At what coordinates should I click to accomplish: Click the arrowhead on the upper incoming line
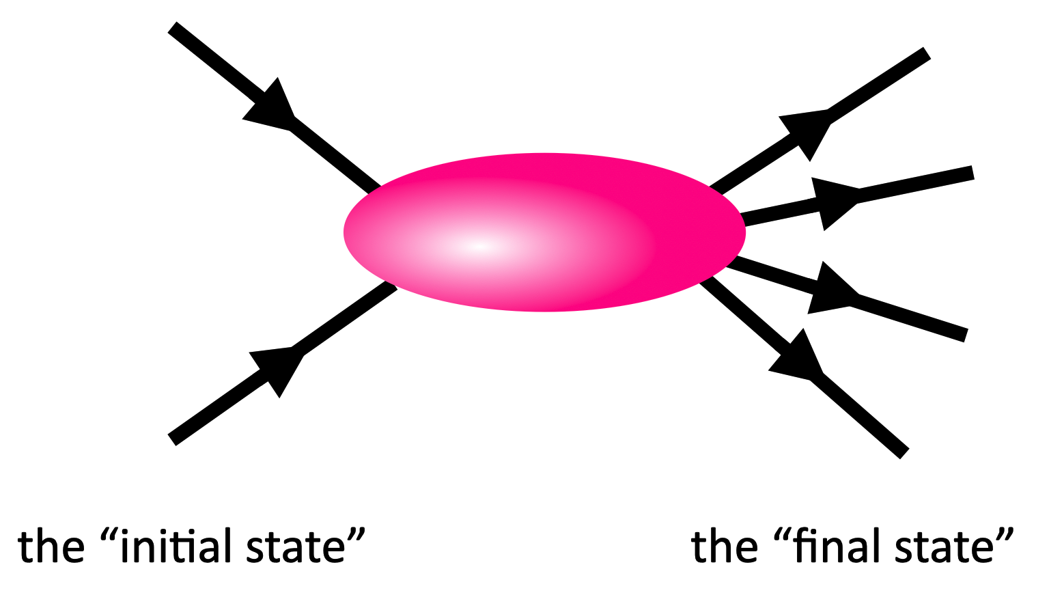[272, 107]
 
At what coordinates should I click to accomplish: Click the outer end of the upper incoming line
[172, 27]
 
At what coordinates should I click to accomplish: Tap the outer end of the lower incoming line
[172, 439]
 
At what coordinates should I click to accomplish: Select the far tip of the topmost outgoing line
[927, 53]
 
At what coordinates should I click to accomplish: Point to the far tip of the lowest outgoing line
[905, 454]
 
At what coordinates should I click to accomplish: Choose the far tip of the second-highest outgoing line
[972, 172]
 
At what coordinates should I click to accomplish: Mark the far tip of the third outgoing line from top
[966, 335]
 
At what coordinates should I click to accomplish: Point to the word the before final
[725, 547]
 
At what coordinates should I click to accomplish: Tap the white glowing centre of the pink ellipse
[481, 247]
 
